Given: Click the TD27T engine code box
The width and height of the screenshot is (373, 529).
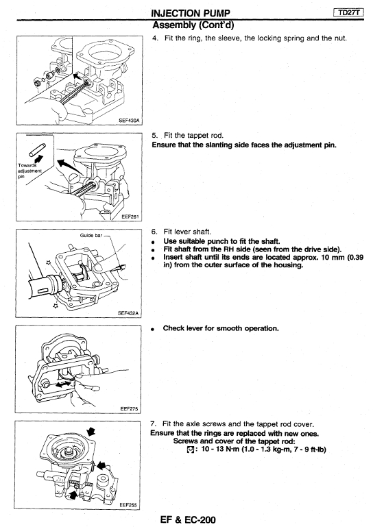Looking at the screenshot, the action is (x=349, y=13).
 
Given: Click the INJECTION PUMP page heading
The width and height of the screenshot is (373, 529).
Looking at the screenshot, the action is (x=191, y=14).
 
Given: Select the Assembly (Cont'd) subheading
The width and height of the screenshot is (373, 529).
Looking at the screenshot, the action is (x=193, y=25).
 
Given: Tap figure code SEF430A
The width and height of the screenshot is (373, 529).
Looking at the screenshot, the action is (x=129, y=120).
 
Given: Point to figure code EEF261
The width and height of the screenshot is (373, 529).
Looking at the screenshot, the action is (x=130, y=217).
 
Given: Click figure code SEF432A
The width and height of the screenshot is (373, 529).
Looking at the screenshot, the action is (x=128, y=313).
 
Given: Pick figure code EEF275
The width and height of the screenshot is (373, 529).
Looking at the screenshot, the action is (x=129, y=409).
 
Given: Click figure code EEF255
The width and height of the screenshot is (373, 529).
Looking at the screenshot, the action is (x=128, y=505).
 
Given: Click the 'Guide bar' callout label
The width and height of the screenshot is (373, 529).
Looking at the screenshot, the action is (x=91, y=235).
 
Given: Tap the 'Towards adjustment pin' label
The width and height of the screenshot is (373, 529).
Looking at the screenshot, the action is (x=29, y=171).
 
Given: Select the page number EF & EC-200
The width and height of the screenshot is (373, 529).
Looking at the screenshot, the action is (x=188, y=519).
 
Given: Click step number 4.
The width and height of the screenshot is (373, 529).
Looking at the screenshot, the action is (x=155, y=38).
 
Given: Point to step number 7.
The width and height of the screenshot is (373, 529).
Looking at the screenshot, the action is (x=153, y=424).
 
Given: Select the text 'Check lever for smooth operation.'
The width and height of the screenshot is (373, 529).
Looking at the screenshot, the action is (x=221, y=328).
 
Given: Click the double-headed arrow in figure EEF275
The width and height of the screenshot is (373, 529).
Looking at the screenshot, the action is (x=64, y=384).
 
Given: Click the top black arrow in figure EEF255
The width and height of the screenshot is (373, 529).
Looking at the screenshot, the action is (x=91, y=431).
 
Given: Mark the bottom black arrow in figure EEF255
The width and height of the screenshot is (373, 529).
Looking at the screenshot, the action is (x=73, y=495).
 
